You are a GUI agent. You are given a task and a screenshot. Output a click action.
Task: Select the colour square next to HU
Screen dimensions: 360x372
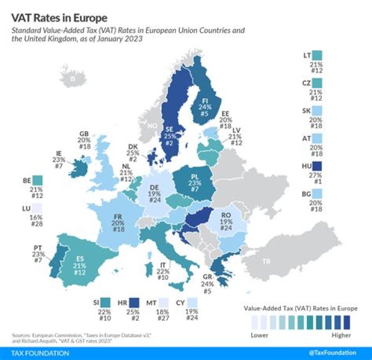(317, 167)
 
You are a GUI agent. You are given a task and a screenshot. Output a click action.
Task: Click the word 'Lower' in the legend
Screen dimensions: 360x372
(258, 335)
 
